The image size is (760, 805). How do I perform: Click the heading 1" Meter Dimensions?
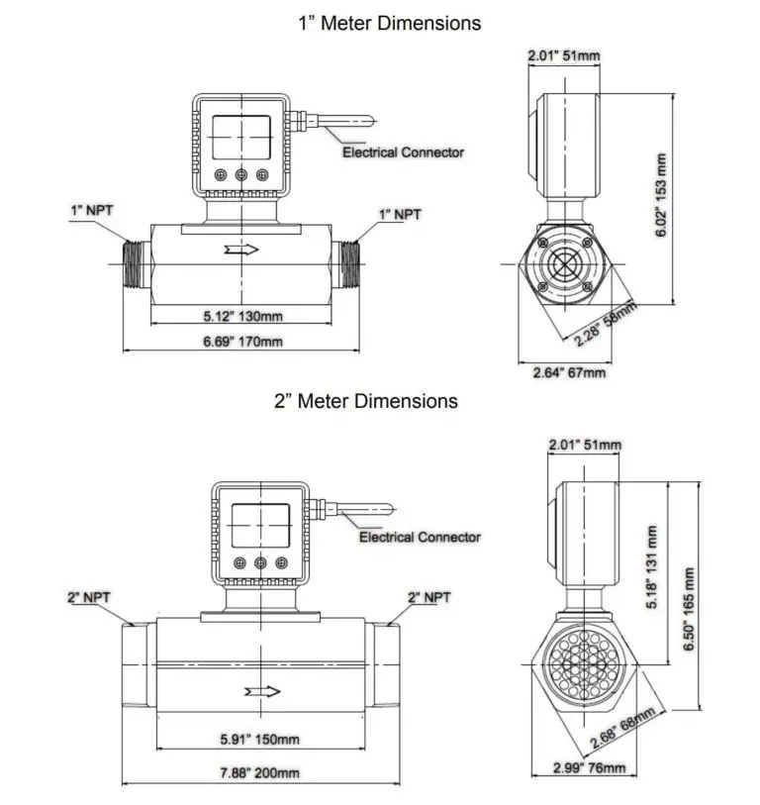[x=390, y=23]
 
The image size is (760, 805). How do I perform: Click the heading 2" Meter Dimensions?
[x=366, y=401]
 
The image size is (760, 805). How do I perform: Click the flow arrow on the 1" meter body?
[x=241, y=249]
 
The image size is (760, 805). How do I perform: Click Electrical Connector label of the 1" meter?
[x=403, y=152]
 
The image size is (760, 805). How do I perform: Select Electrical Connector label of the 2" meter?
[x=420, y=538]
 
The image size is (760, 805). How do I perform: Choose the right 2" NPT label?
[x=428, y=597]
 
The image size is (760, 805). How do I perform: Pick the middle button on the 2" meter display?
[x=260, y=562]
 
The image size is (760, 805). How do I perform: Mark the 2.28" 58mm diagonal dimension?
[x=606, y=324]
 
